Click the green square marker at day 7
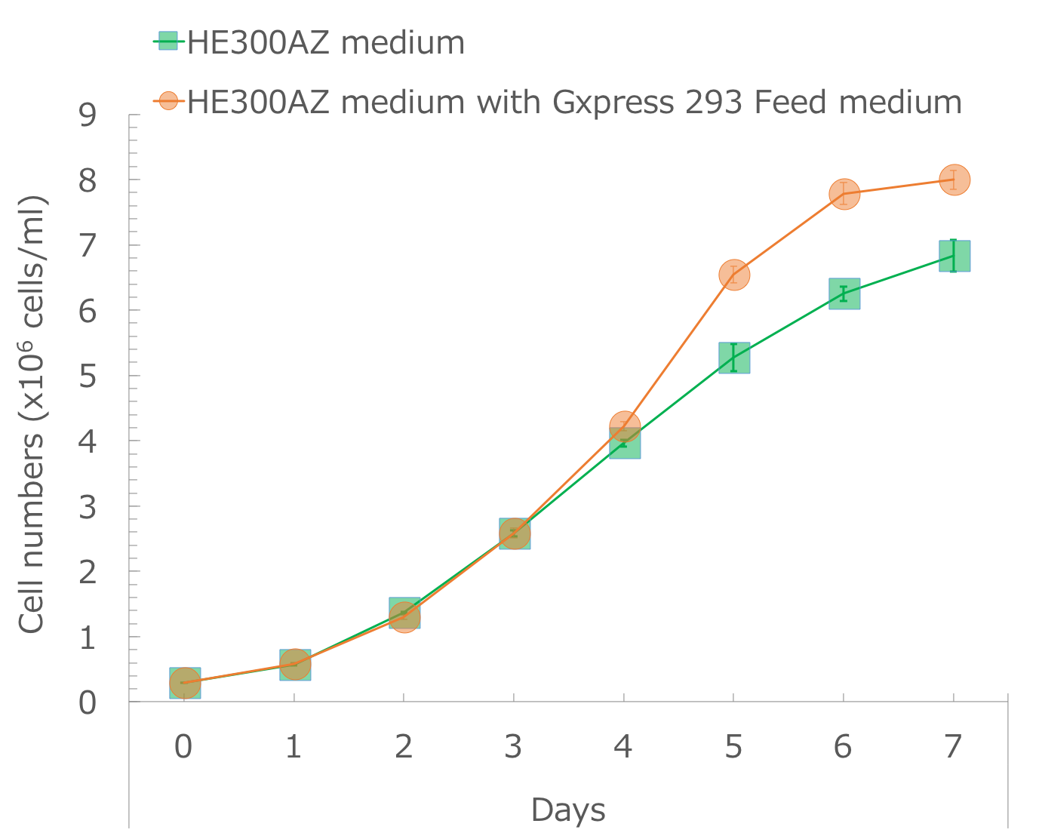[x=954, y=256]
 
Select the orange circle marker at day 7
[x=954, y=180]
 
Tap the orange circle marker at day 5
[x=733, y=275]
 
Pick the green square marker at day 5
[x=733, y=358]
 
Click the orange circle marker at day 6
[x=844, y=194]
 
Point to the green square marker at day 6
[x=844, y=293]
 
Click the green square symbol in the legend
[x=168, y=41]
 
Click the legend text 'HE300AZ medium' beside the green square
[x=326, y=42]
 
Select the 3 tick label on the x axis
[x=514, y=747]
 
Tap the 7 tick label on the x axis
[x=954, y=747]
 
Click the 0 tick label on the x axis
[x=183, y=747]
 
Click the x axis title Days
[x=567, y=810]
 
